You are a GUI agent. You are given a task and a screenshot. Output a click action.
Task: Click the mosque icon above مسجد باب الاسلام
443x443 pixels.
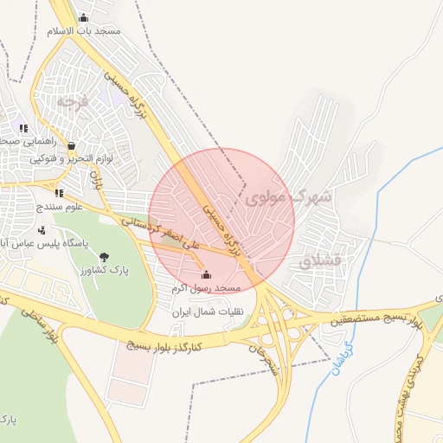tap(83, 17)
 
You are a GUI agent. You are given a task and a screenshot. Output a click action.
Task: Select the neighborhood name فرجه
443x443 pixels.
tap(73, 101)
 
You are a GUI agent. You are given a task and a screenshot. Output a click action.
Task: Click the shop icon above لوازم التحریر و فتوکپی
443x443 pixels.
tap(71, 145)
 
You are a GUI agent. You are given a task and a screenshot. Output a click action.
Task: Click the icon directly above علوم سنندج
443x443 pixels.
tap(59, 193)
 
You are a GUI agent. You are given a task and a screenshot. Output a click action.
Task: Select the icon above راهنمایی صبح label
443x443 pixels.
tap(23, 128)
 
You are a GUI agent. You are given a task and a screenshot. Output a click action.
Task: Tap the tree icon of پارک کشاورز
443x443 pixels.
tap(105, 256)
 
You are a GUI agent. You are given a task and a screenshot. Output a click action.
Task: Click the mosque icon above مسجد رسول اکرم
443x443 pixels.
tap(204, 276)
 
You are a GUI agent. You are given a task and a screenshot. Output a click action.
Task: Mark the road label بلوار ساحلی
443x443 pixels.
tap(31, 321)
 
